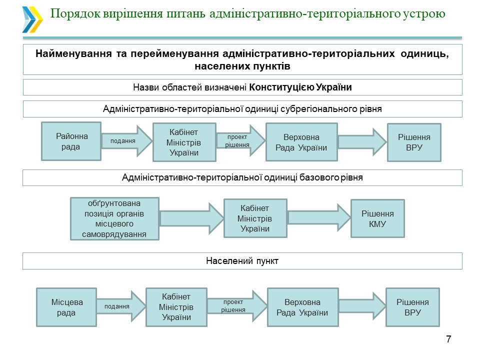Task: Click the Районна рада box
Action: click(x=71, y=141)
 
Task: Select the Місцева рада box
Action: click(x=67, y=307)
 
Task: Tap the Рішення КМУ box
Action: click(x=377, y=218)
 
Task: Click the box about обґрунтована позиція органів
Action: click(x=114, y=218)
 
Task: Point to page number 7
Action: click(x=448, y=339)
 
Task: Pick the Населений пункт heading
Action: click(x=242, y=261)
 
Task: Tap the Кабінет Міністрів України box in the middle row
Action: click(x=255, y=218)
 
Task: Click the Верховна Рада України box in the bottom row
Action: click(x=302, y=307)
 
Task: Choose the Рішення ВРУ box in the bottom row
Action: click(x=412, y=307)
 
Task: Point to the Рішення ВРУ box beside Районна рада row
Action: click(x=414, y=142)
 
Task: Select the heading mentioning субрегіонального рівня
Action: click(x=242, y=109)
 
